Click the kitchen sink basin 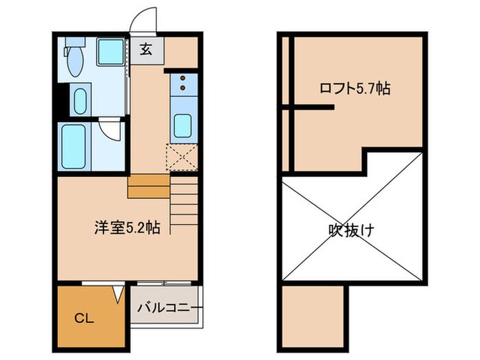pyautogui.click(x=182, y=126)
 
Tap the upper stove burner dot pyautogui.click(x=183, y=78)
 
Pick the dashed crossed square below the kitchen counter pyautogui.click(x=182, y=157)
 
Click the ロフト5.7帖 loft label pyautogui.click(x=355, y=88)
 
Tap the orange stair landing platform pyautogui.click(x=148, y=187)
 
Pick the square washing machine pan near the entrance pyautogui.click(x=110, y=52)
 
